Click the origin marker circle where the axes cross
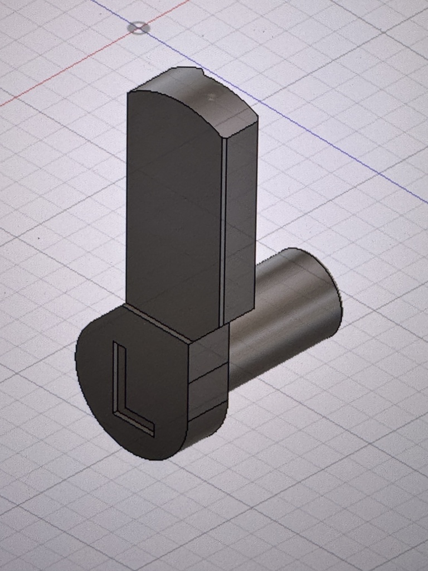pos(139,28)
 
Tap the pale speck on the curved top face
pos(211,97)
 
